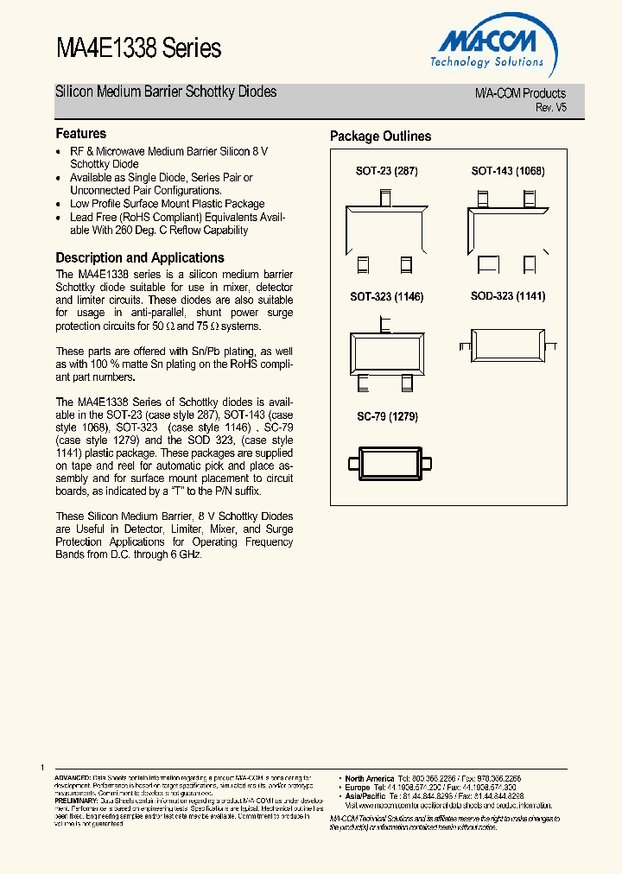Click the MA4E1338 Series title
138,48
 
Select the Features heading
81,134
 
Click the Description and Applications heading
140,257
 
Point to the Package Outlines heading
380,136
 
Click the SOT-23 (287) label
386,171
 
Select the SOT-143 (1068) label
508,171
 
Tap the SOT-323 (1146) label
386,296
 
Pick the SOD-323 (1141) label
508,296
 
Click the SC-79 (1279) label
387,416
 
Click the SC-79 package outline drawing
387,462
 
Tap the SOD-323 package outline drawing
508,342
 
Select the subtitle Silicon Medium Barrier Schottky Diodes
166,92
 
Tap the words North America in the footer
369,778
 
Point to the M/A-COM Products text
520,93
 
